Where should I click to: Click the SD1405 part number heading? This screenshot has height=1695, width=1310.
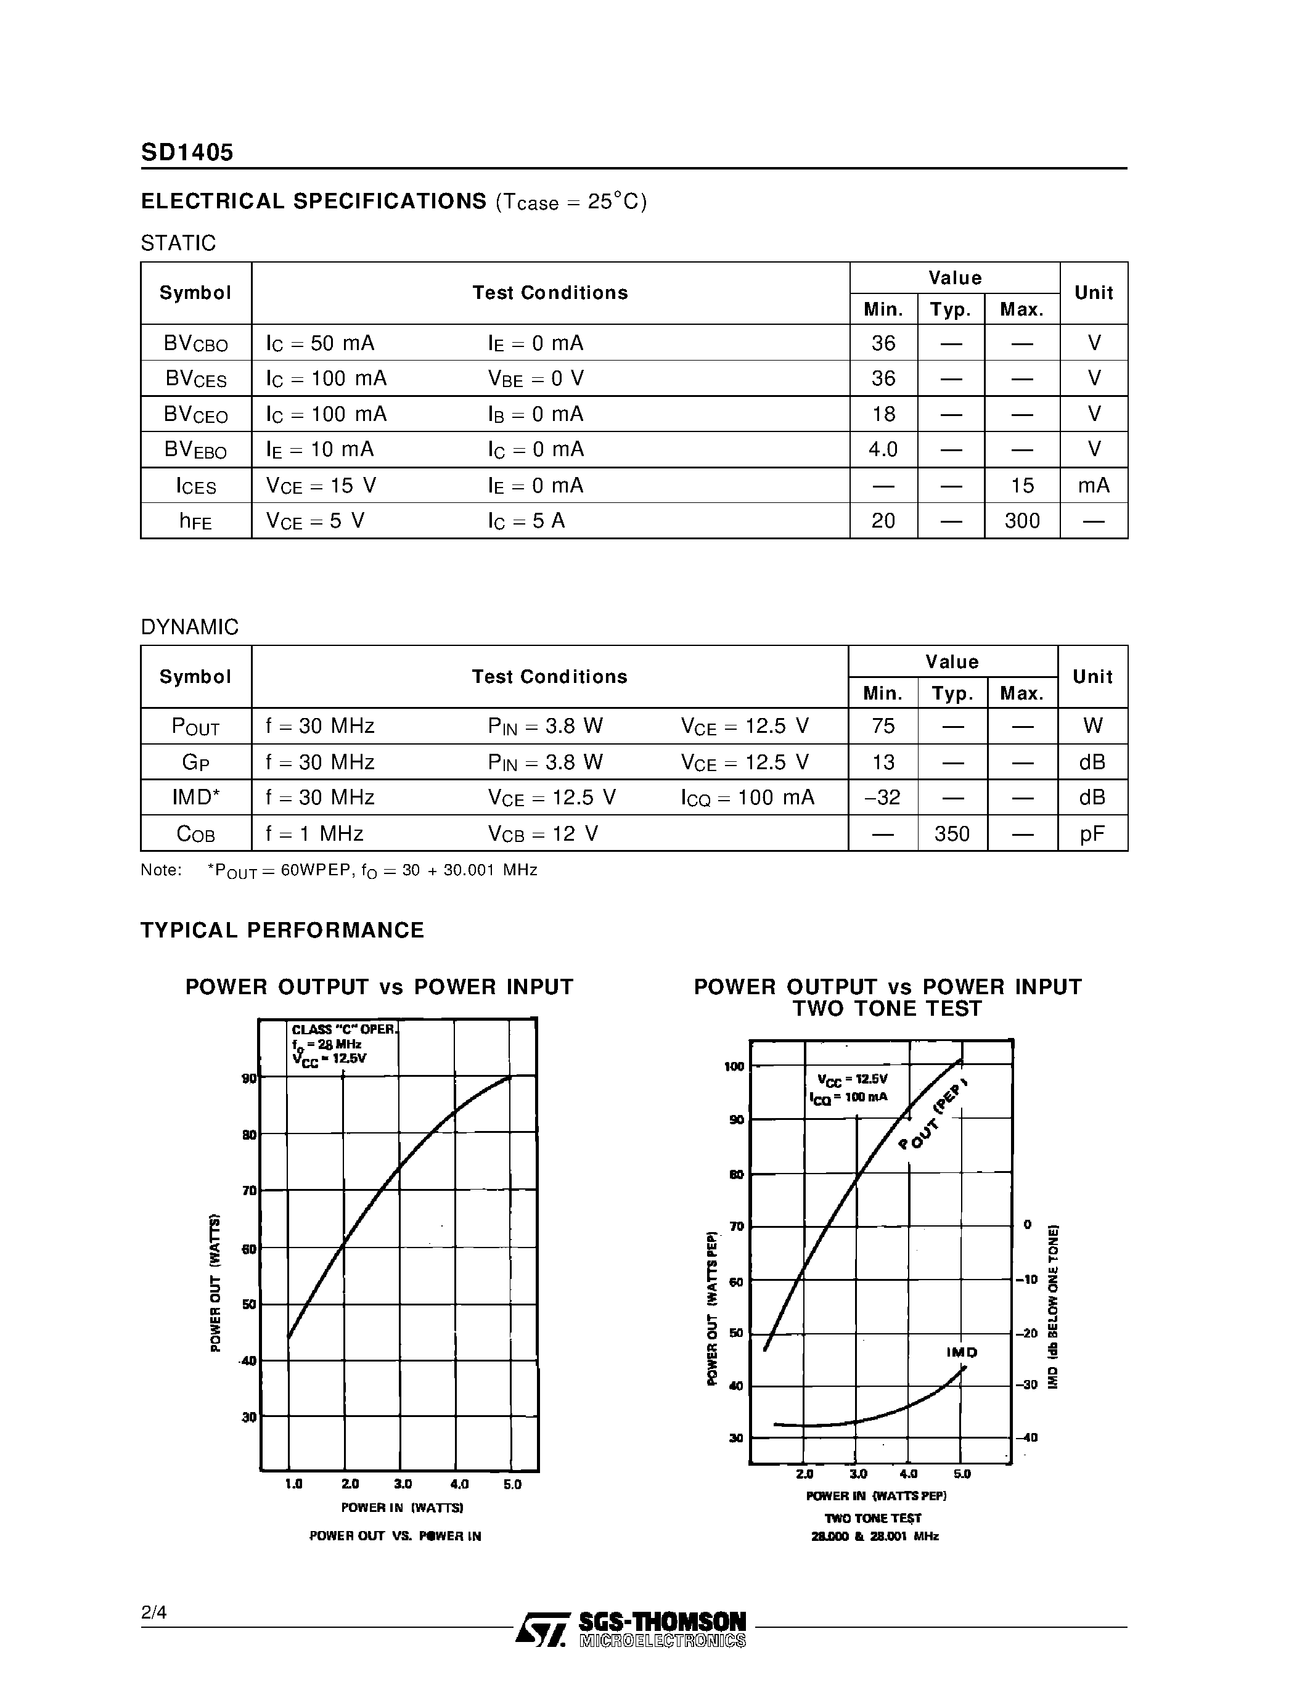(187, 152)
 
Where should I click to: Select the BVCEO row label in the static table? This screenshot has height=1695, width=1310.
(195, 414)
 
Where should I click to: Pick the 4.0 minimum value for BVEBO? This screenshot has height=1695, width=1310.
(883, 449)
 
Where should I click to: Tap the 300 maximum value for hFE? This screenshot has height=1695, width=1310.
(1022, 521)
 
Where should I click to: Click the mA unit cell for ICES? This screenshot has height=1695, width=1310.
(1094, 485)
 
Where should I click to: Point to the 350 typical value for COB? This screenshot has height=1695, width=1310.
(952, 833)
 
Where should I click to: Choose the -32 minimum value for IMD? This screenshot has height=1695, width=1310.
(882, 798)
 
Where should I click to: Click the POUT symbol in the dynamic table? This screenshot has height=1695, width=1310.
(195, 727)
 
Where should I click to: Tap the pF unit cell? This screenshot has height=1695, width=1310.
(1092, 833)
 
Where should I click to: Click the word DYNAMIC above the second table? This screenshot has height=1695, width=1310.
(189, 627)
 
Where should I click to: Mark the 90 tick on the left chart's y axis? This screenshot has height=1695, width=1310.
(249, 1078)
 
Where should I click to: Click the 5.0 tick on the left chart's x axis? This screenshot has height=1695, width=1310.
(512, 1484)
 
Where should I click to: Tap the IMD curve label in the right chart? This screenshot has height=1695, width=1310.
(962, 1352)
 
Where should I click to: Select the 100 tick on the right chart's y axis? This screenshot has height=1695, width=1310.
(734, 1066)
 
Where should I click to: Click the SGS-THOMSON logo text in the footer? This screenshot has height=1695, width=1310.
(662, 1622)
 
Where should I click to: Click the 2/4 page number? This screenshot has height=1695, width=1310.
(154, 1613)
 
